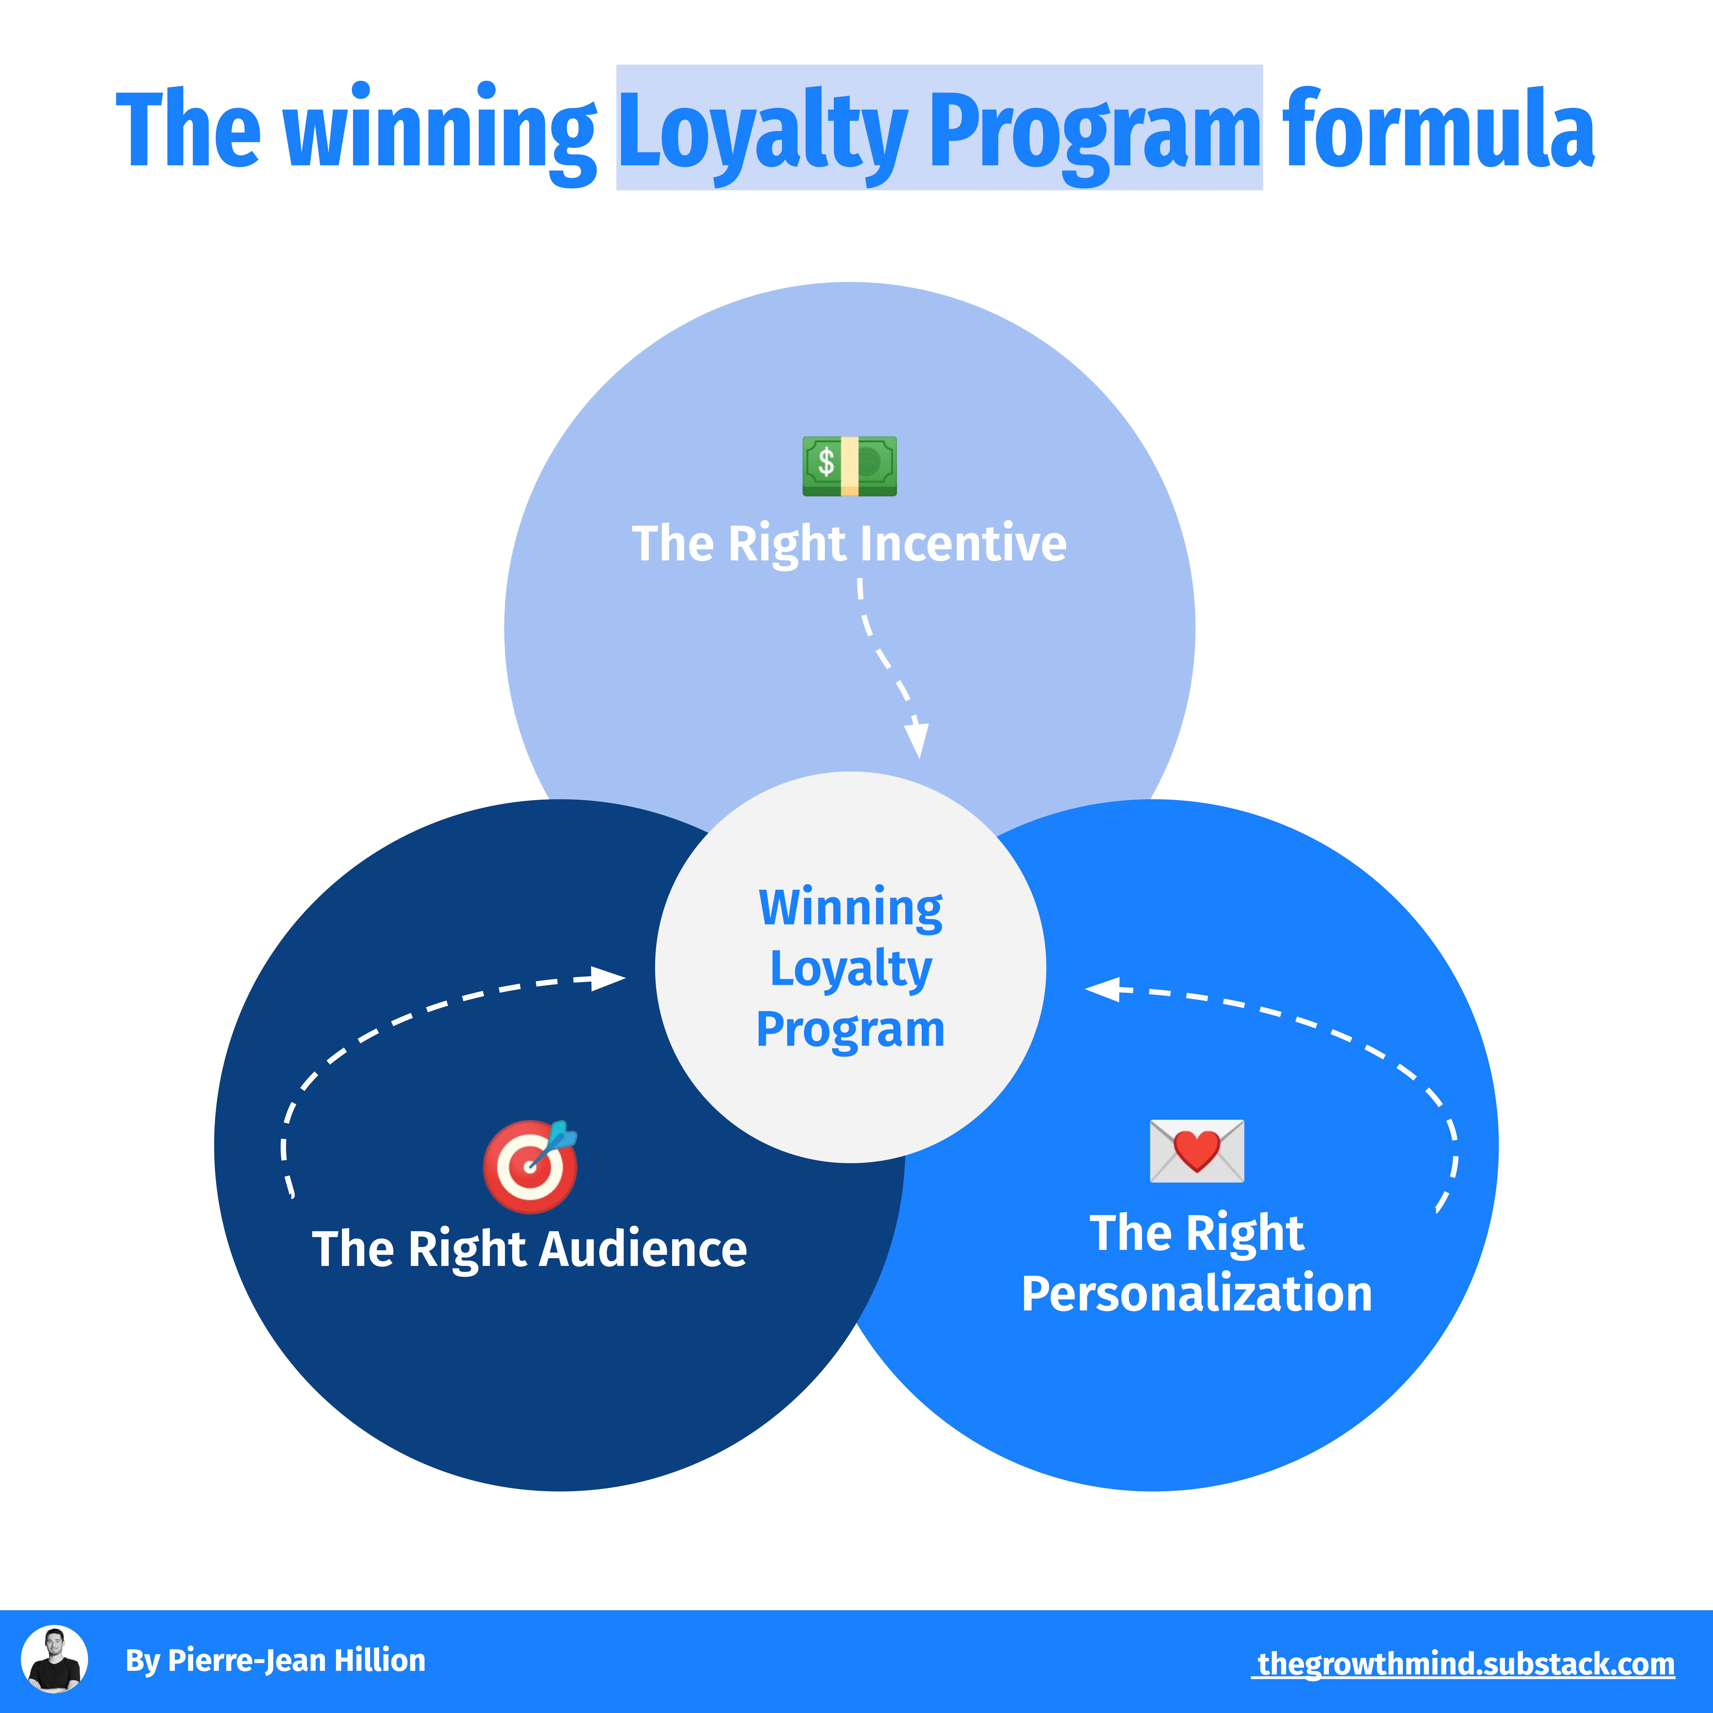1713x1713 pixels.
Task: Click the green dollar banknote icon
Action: click(849, 466)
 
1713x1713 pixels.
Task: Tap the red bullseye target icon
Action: click(529, 1166)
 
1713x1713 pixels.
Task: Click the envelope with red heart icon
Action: click(1197, 1151)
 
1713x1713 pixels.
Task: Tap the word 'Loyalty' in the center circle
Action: click(850, 968)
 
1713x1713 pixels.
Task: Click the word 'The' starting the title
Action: click(188, 131)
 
